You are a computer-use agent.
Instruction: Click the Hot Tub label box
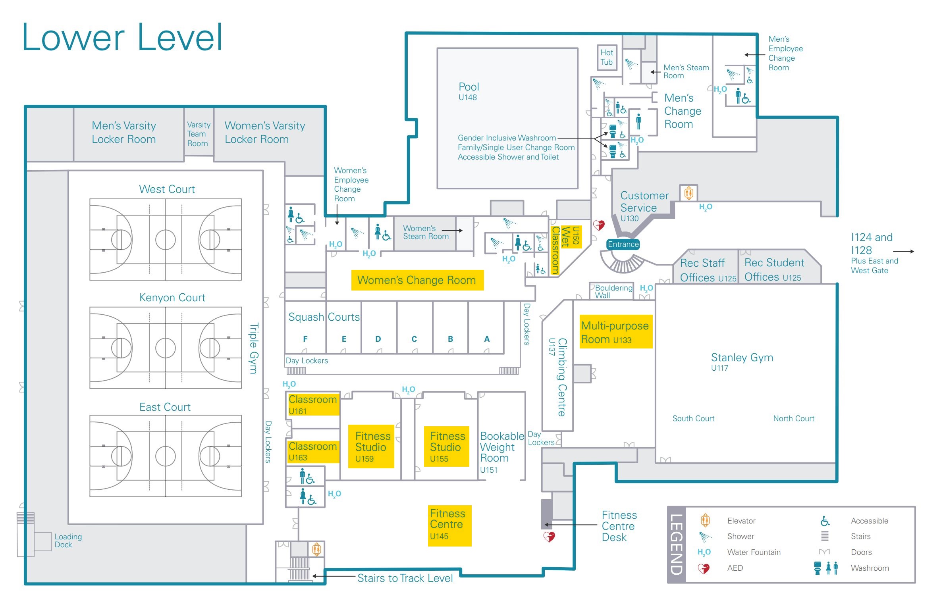pyautogui.click(x=607, y=58)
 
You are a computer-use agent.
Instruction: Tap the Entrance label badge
pyautogui.click(x=623, y=244)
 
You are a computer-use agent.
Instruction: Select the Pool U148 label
pyautogui.click(x=469, y=91)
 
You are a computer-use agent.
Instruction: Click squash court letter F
pyautogui.click(x=305, y=339)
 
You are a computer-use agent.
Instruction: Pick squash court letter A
pyautogui.click(x=487, y=339)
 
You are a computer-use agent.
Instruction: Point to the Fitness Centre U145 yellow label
pyautogui.click(x=449, y=525)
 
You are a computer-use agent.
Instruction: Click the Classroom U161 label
pyautogui.click(x=313, y=404)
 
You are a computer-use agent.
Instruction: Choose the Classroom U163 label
pyautogui.click(x=313, y=451)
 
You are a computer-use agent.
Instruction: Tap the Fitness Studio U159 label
pyautogui.click(x=371, y=446)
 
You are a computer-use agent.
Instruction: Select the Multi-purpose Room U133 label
pyautogui.click(x=616, y=332)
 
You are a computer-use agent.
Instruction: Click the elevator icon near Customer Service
pyautogui.click(x=689, y=193)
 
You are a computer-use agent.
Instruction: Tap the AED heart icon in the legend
pyautogui.click(x=704, y=568)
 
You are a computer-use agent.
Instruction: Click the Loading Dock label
pyautogui.click(x=68, y=541)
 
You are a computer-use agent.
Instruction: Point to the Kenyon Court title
pyautogui.click(x=172, y=298)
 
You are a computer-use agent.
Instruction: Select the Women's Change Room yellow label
pyautogui.click(x=417, y=280)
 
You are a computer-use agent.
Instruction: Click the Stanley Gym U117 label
pyautogui.click(x=742, y=362)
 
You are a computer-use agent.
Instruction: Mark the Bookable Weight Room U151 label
pyautogui.click(x=502, y=452)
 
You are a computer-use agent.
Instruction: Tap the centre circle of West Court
pyautogui.click(x=166, y=240)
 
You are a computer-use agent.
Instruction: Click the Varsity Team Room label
pyautogui.click(x=199, y=134)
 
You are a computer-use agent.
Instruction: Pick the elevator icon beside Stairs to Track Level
pyautogui.click(x=316, y=550)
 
